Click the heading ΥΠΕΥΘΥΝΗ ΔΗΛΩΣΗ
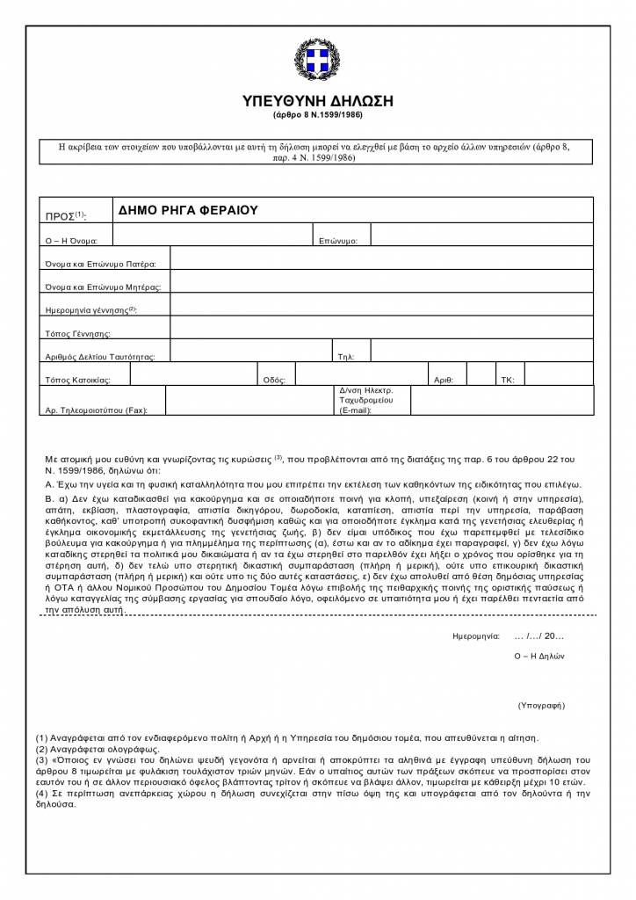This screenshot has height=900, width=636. tap(317, 101)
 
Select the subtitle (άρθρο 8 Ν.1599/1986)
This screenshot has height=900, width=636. tap(317, 115)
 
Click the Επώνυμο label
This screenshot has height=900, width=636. tap(336, 240)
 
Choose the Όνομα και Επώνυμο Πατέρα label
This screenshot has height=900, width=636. tap(100, 264)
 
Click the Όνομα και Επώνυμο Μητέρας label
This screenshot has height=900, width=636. tap(103, 287)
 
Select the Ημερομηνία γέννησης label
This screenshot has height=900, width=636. tap(90, 310)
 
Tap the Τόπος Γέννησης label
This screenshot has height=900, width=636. tap(77, 334)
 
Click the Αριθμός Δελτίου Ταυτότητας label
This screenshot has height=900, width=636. tap(99, 357)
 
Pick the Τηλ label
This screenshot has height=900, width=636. tap(345, 357)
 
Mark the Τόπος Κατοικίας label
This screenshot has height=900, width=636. tap(77, 381)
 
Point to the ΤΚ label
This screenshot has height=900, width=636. tap(507, 381)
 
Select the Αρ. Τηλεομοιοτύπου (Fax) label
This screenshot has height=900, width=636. tap(97, 410)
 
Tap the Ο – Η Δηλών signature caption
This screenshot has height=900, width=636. tap(539, 656)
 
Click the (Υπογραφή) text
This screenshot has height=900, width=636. tap(541, 705)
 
